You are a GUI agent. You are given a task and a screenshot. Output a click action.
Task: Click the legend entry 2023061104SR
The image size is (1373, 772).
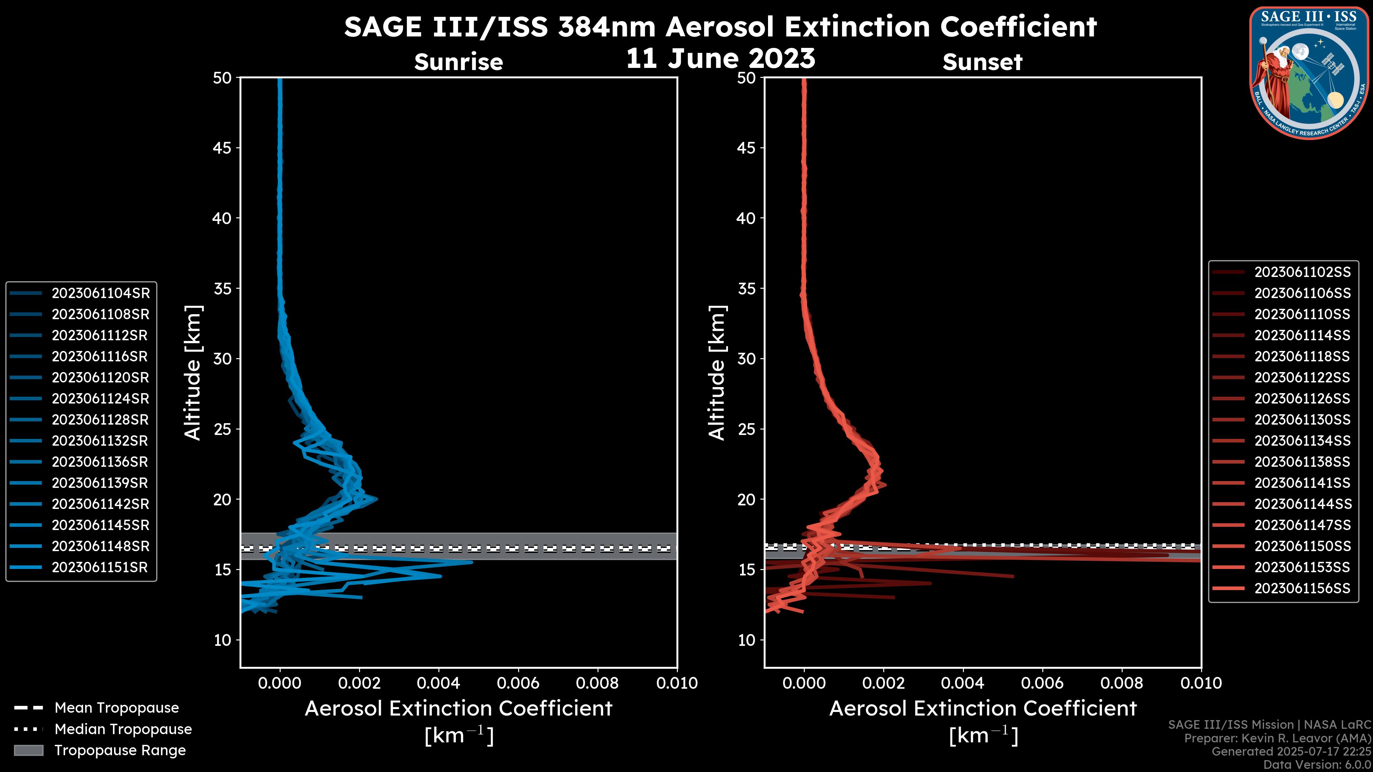100,293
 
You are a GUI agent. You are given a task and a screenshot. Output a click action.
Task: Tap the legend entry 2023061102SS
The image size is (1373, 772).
1302,272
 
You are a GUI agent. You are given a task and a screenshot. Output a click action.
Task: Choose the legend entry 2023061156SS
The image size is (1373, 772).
1302,588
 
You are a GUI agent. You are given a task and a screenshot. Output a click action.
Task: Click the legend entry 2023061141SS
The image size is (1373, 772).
1302,483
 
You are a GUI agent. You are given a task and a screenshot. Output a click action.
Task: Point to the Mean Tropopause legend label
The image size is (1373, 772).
117,708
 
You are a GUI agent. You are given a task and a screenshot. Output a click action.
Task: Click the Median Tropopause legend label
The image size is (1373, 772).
123,729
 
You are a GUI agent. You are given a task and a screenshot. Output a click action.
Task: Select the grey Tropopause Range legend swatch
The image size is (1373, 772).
29,750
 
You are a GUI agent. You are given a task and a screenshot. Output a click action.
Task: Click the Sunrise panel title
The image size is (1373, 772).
458,62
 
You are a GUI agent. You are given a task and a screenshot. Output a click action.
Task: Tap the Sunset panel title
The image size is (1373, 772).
982,62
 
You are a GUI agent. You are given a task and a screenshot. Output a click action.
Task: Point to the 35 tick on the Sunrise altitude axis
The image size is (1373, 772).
223,289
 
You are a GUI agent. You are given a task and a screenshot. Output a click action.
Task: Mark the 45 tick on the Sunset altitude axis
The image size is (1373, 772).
747,148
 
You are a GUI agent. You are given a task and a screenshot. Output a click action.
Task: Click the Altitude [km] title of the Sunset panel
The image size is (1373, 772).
717,373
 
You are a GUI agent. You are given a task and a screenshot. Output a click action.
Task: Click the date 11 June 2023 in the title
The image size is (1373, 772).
720,59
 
